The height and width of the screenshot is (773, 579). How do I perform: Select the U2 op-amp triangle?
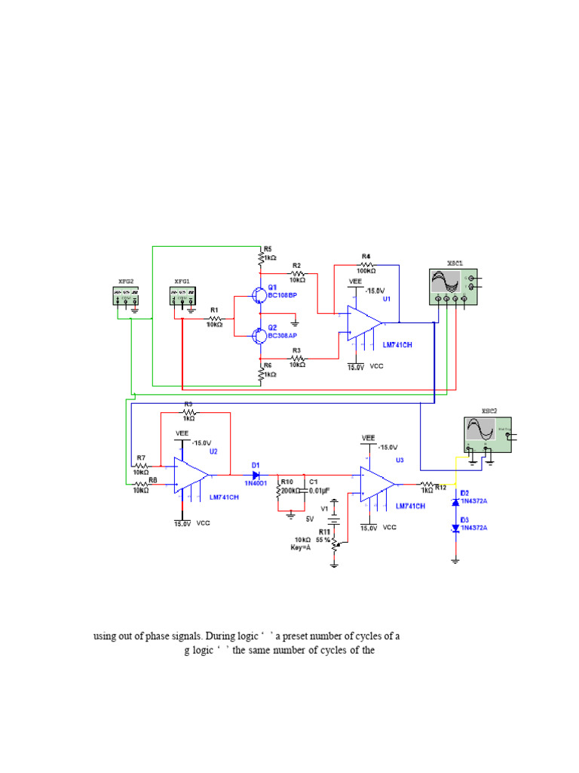click(x=191, y=476)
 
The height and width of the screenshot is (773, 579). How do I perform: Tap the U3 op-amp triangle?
click(x=377, y=484)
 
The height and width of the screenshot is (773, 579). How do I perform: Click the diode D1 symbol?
click(x=256, y=476)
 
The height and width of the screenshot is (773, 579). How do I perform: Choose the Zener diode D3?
click(x=455, y=530)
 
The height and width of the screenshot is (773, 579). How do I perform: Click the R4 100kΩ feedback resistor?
click(x=366, y=265)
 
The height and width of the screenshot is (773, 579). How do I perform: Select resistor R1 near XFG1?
click(x=215, y=319)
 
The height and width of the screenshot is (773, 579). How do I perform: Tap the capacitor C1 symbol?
click(x=304, y=491)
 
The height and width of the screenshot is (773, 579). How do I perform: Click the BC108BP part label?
click(x=283, y=295)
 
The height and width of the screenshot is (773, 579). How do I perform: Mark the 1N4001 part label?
click(x=256, y=484)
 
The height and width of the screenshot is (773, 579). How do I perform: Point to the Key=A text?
click(x=305, y=547)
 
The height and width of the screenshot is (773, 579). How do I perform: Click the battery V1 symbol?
click(x=334, y=519)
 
